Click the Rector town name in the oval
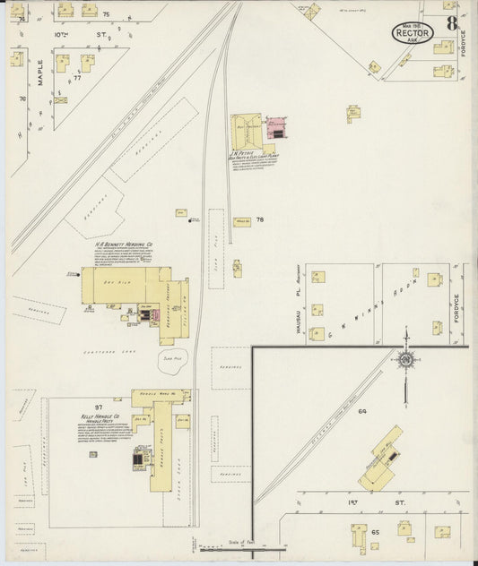click(413, 32)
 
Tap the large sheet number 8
click(452, 24)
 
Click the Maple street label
click(40, 73)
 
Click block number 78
click(260, 219)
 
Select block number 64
click(362, 411)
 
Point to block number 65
click(376, 533)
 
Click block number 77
click(77, 78)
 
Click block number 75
click(105, 15)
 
